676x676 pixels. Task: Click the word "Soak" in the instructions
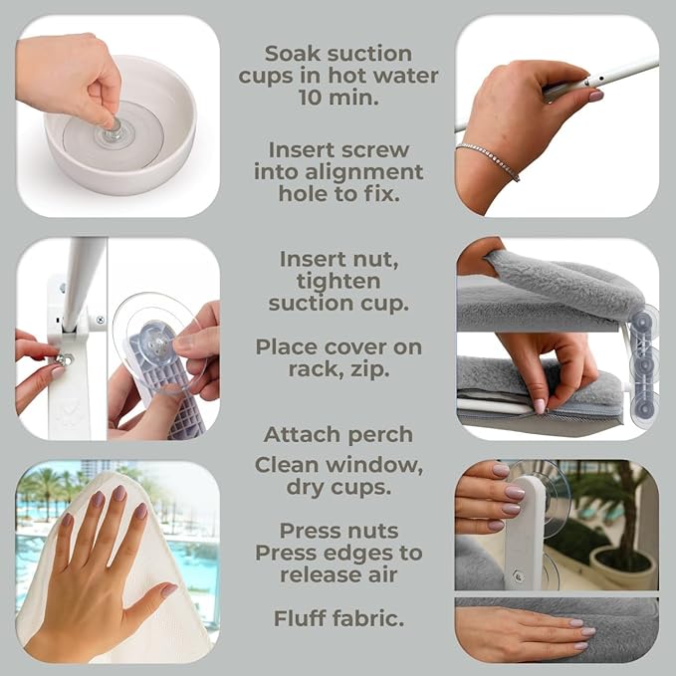(287, 54)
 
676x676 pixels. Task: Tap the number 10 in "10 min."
(310, 98)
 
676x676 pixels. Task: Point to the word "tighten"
(338, 282)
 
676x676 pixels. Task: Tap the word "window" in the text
(374, 465)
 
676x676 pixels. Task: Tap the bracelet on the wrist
(488, 160)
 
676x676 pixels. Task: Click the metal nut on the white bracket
(66, 358)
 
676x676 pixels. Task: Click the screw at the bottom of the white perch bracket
(519, 576)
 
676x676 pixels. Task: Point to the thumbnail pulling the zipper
(539, 406)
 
